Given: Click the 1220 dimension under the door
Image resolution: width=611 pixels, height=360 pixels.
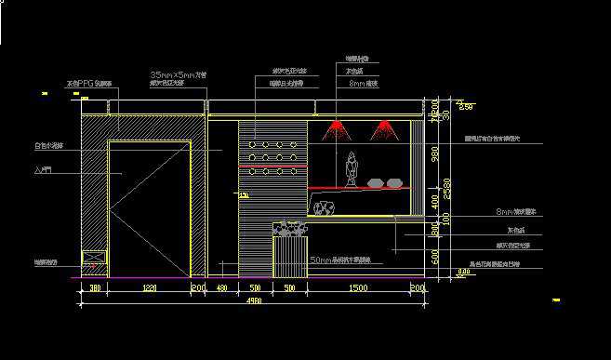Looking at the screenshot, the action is [148, 290].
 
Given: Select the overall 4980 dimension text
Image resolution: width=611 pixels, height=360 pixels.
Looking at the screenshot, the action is [253, 300].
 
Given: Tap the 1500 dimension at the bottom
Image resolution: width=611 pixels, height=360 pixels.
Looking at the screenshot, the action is [357, 290].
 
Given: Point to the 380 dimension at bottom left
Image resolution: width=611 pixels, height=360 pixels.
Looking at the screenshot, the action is [95, 290].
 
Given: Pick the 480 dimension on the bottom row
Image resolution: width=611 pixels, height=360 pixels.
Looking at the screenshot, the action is [221, 290].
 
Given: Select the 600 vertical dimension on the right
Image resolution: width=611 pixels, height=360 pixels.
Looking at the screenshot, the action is [433, 255].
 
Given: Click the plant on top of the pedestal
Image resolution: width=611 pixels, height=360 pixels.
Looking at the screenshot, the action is [287, 228].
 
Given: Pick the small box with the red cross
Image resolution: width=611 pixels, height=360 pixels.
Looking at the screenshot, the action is [93, 261].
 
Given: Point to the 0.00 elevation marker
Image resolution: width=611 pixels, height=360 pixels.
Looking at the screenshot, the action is [464, 272].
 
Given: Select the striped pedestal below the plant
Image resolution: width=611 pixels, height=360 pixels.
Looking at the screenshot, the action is [288, 258].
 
